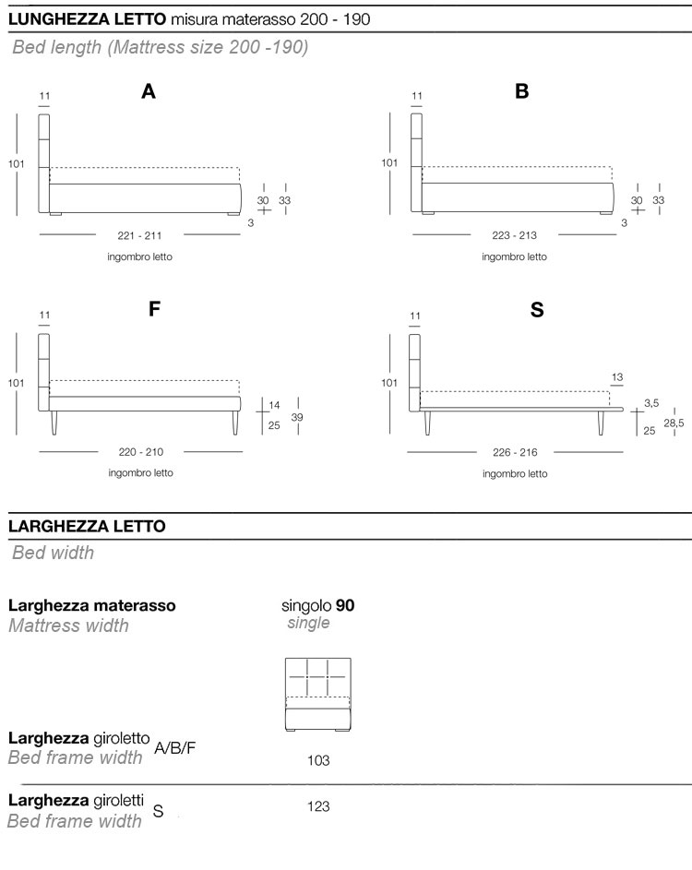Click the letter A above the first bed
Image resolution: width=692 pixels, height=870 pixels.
coord(149,91)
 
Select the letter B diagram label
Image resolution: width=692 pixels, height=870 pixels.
coord(522,91)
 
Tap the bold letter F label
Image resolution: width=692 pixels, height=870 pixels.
coord(155,309)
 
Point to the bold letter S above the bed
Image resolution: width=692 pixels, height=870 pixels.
coord(537,310)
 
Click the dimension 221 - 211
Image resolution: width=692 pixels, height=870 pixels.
coord(140,234)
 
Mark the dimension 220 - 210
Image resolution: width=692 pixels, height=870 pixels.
coord(140,452)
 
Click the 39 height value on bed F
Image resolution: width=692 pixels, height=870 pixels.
coord(297,417)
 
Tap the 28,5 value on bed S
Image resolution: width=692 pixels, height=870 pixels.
coord(675,423)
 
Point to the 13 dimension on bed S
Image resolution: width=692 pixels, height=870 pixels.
coord(617,376)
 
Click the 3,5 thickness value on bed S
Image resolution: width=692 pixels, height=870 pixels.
coord(651,403)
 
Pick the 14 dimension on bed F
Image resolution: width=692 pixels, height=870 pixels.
coord(274,406)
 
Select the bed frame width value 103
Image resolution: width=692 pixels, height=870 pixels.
coord(318,761)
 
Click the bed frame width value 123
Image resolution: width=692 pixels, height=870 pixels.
coord(318,806)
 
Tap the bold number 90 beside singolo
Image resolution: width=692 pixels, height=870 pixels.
coord(345,606)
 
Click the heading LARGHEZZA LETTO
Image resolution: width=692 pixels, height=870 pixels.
coord(87,526)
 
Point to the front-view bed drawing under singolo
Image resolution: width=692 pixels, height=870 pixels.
coord(318,695)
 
